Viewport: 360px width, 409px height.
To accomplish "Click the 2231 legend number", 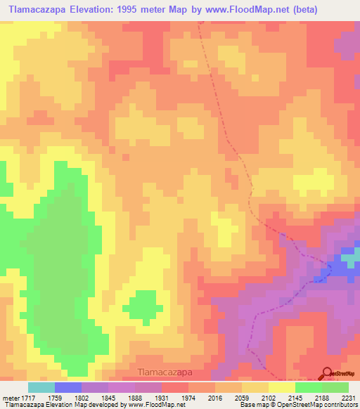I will (347, 397).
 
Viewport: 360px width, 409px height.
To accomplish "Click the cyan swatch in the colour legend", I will (41, 387).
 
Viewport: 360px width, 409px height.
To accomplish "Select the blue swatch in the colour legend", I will (68, 387).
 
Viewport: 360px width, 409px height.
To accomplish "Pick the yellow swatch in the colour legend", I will (282, 387).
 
